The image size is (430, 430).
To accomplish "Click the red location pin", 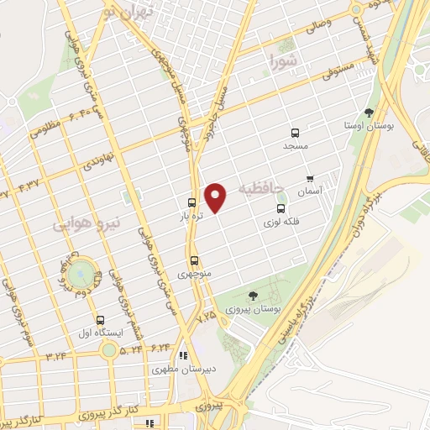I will (x=217, y=197).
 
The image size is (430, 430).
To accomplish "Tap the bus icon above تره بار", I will (x=192, y=202).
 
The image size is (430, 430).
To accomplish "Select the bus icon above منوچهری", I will (x=195, y=260).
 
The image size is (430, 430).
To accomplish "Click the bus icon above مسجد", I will (x=295, y=133).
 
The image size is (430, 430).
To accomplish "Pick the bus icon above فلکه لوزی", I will (x=281, y=208).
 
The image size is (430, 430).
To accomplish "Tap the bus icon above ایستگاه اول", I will (x=101, y=320).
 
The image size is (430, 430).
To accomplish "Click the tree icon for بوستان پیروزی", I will (x=253, y=295).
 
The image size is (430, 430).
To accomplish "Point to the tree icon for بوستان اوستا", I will (x=369, y=113).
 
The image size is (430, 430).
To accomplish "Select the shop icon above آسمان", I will (x=310, y=179).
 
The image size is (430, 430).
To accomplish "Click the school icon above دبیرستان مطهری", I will (x=183, y=355).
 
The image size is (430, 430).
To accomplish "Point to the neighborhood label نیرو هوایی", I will (x=87, y=223).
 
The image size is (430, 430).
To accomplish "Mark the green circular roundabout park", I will (x=81, y=272).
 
